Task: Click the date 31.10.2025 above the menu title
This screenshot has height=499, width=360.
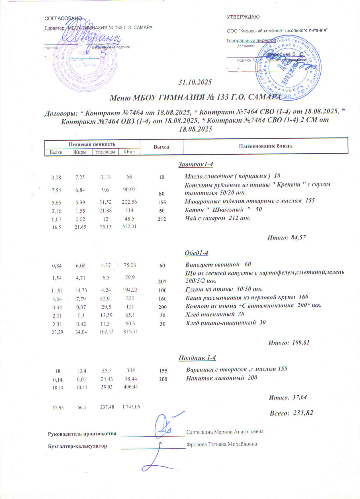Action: click(x=195, y=82)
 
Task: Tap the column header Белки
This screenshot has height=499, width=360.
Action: click(x=56, y=152)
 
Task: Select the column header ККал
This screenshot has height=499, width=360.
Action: click(x=129, y=152)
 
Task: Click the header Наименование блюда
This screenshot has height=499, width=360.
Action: click(x=265, y=146)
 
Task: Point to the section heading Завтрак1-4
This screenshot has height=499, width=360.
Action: click(x=196, y=164)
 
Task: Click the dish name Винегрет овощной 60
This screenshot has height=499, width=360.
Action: click(x=218, y=265)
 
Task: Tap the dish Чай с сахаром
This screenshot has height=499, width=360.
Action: click(x=218, y=218)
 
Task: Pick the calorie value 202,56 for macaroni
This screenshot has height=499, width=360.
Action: click(x=129, y=202)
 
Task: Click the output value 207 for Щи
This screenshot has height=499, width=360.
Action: click(x=162, y=282)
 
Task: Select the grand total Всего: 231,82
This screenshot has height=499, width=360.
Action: click(x=291, y=413)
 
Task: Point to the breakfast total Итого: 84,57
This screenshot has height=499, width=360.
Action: click(x=287, y=237)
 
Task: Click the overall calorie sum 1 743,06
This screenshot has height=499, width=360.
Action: click(x=131, y=407)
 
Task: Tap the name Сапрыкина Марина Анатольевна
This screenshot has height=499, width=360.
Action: click(x=225, y=432)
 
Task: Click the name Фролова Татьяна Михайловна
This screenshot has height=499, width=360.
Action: click(x=222, y=444)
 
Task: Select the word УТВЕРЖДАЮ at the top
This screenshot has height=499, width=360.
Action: click(x=243, y=17)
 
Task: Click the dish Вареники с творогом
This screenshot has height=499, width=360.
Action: click(x=237, y=369)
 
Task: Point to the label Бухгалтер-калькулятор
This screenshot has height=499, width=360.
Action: click(x=77, y=446)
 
